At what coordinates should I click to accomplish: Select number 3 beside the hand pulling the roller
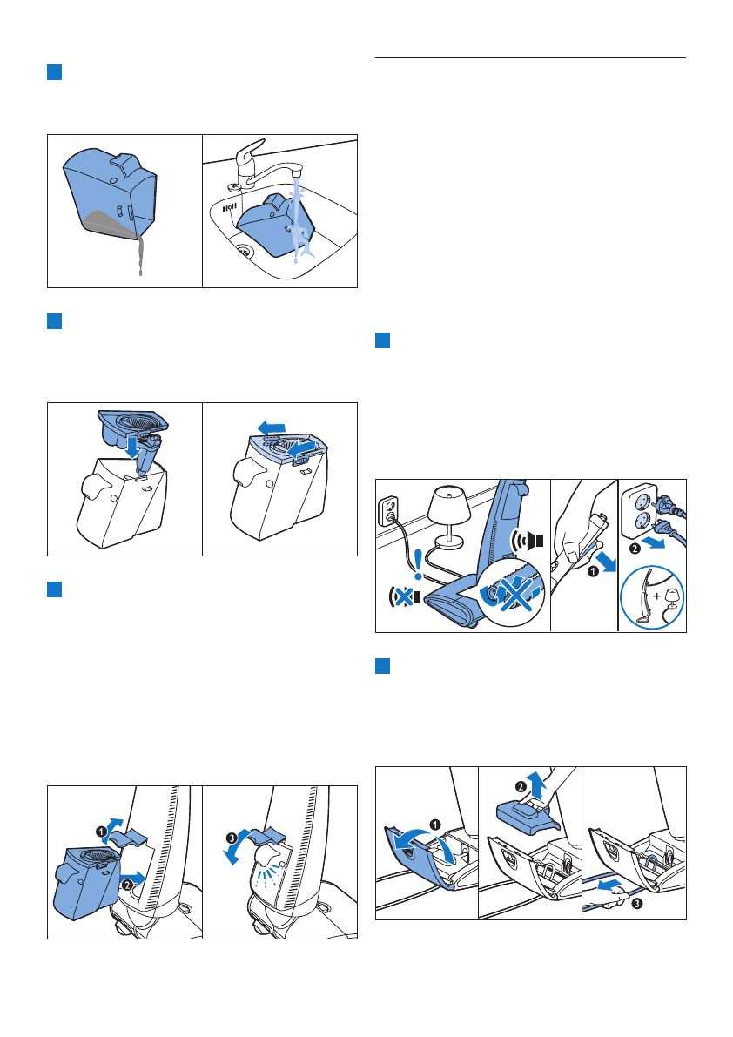637,905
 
